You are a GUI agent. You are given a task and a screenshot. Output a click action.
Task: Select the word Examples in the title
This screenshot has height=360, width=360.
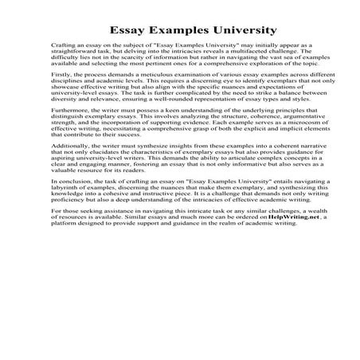[174, 31]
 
